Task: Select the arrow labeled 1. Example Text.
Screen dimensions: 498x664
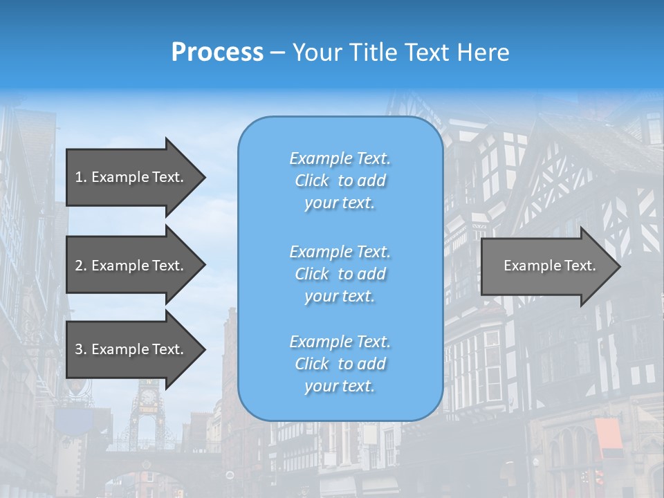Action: pos(131,177)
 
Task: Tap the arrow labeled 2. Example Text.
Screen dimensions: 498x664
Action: pos(131,266)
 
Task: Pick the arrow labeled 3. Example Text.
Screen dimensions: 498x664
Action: pos(131,349)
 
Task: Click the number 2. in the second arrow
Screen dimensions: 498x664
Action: pos(81,266)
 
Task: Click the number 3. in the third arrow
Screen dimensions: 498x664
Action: pos(81,349)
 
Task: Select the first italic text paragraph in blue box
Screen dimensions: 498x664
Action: pos(340,181)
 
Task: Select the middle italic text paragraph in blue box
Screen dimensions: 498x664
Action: pos(340,274)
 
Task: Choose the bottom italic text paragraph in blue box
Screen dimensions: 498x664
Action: pos(340,364)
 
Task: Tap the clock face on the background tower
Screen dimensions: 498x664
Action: pos(147,397)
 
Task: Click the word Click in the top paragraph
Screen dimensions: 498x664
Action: pos(312,181)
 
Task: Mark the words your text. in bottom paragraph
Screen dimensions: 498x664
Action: pos(340,386)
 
